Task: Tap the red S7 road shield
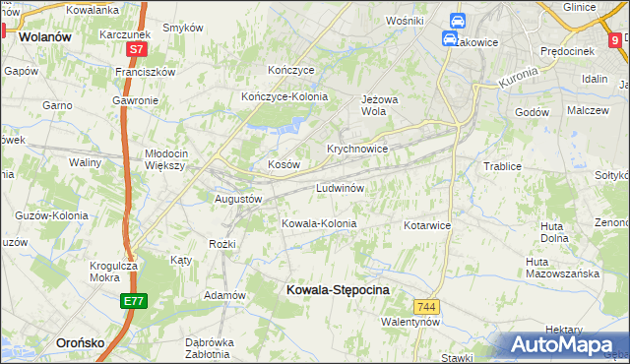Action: pyautogui.click(x=137, y=48)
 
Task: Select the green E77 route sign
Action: pyautogui.click(x=135, y=301)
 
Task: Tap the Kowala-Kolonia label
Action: pyautogui.click(x=319, y=223)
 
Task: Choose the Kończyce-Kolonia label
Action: pyautogui.click(x=284, y=96)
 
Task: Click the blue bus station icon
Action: pyautogui.click(x=457, y=20)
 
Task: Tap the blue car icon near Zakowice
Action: pyautogui.click(x=449, y=39)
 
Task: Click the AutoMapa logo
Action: pyautogui.click(x=565, y=344)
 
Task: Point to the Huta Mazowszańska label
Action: pyautogui.click(x=562, y=268)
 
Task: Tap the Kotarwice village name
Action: pyautogui.click(x=426, y=225)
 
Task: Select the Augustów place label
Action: pyautogui.click(x=238, y=198)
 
